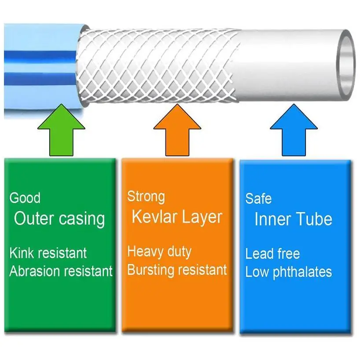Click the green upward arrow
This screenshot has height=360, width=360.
coord(61,132)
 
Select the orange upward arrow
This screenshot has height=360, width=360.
coord(177,132)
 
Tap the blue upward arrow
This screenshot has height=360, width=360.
coord(294,132)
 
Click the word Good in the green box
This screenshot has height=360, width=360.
coord(25,198)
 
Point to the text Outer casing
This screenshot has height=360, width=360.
coord(59,218)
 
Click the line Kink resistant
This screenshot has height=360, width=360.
coord(48,253)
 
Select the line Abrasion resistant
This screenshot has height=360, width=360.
coord(61,271)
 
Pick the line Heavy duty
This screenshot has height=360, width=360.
coord(159,252)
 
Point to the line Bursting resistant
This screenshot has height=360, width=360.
coord(177,269)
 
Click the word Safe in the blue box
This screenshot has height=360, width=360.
coord(258,198)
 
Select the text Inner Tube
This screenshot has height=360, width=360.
coord(293,219)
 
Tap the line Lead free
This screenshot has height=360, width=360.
coord(272,254)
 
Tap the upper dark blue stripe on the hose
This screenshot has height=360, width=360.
coord(40,57)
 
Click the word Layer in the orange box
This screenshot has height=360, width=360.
coord(202,217)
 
